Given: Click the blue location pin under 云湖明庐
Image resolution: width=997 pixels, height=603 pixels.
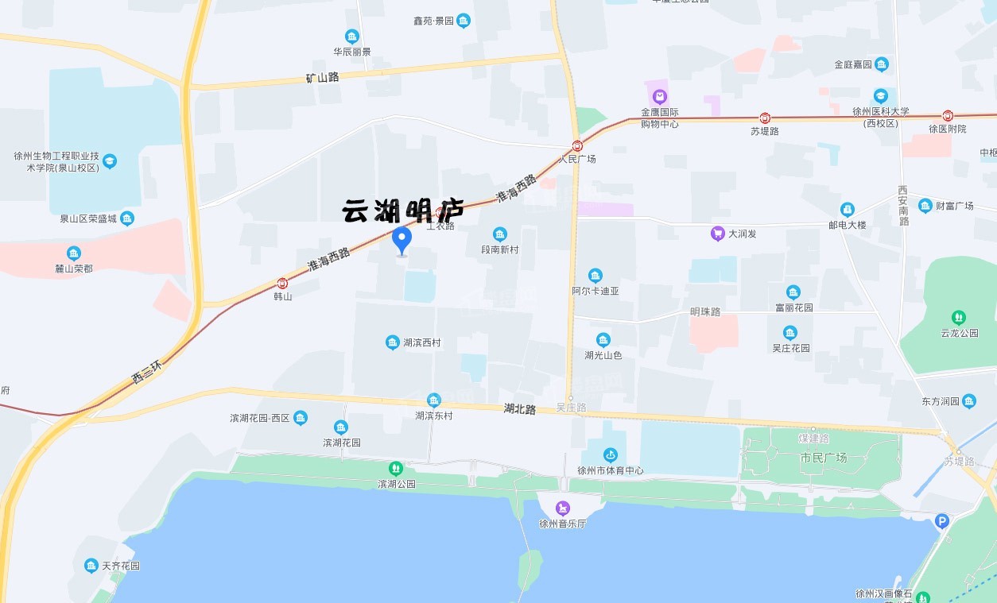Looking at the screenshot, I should click(402, 240).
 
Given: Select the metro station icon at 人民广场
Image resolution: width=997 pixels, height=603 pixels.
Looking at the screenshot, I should click(577, 146).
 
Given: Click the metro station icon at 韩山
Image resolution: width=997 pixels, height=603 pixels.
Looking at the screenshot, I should click(282, 284).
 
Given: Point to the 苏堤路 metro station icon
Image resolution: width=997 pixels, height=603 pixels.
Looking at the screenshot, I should click(765, 118).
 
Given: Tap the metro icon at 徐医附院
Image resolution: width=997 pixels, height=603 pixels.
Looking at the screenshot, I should click(948, 115).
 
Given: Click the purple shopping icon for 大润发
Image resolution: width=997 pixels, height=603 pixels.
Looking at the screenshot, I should click(717, 234).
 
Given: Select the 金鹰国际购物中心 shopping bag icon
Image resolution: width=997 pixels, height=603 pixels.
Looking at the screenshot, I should click(660, 96).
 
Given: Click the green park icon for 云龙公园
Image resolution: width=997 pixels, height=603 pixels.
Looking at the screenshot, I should click(959, 317).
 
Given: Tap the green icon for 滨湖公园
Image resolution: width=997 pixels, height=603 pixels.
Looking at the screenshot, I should click(396, 469).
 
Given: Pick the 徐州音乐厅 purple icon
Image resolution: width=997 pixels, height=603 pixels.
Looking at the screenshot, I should click(563, 508).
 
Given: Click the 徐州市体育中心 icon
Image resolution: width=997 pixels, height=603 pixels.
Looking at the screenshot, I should click(611, 454).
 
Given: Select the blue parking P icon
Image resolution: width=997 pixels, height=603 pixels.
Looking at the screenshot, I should click(942, 521).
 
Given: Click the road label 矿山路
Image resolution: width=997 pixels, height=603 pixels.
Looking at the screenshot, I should click(322, 78).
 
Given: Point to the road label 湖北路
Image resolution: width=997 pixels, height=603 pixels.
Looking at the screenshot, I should click(519, 409).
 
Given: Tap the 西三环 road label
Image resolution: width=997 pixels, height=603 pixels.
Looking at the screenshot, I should click(147, 372).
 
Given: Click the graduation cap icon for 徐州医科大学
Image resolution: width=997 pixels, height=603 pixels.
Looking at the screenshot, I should click(880, 96).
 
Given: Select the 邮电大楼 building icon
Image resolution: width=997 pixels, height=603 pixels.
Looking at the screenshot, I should click(848, 210).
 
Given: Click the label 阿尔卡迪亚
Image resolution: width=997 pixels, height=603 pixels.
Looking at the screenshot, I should click(595, 291).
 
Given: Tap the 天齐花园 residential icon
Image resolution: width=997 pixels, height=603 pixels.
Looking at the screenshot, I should click(91, 566).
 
